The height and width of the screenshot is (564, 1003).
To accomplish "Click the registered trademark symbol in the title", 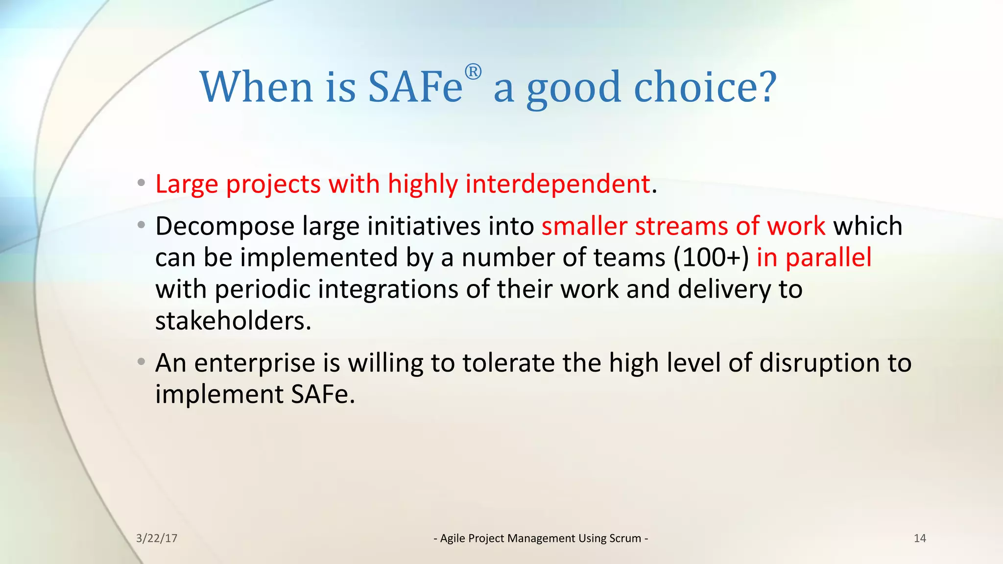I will [x=473, y=72].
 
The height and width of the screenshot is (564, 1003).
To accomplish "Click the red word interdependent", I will [x=557, y=184].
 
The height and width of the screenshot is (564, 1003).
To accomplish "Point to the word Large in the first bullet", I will [x=187, y=185].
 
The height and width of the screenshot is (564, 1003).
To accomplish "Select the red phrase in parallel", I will [x=814, y=258].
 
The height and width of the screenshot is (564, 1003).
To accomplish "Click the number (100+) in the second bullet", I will [x=711, y=258].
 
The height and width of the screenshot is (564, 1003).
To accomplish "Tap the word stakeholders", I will [x=233, y=321].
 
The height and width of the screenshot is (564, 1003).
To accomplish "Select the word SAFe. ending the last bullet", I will [x=323, y=395].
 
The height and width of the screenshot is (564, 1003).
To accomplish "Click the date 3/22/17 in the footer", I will [x=157, y=539].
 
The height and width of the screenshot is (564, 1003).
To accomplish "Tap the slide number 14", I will [x=920, y=539].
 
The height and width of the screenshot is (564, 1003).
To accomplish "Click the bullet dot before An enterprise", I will [x=142, y=362].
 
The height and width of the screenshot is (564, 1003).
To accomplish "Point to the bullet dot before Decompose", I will [x=142, y=225].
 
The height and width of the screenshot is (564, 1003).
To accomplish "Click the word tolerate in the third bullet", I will [x=508, y=364].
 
